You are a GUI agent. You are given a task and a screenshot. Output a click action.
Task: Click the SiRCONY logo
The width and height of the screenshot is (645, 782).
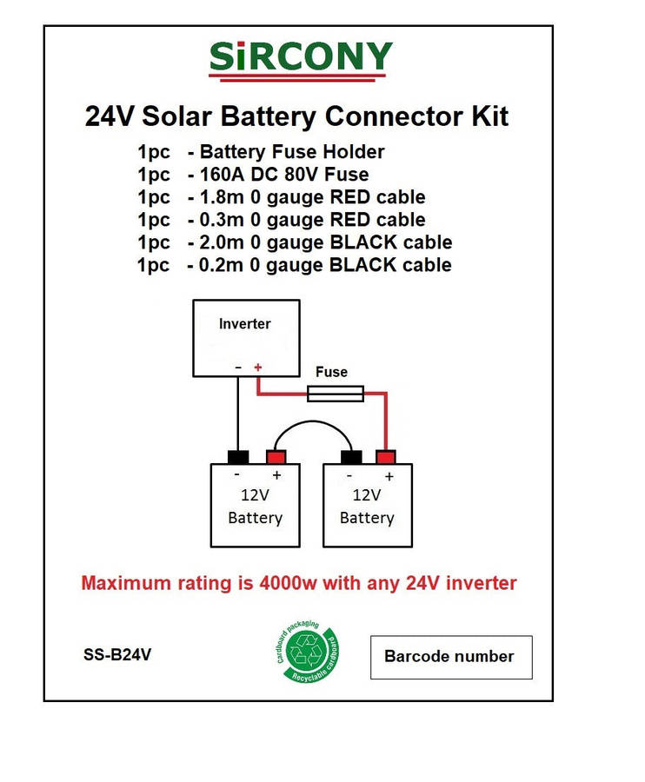point(301,59)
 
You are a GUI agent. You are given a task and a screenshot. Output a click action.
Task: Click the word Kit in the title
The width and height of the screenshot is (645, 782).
point(487,116)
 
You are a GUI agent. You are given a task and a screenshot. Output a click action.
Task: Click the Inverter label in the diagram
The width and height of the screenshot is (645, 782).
point(244,324)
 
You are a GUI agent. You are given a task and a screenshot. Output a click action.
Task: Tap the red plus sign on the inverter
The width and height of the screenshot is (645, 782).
point(257,368)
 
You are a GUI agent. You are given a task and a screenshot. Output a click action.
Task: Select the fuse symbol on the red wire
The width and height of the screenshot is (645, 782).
point(336,395)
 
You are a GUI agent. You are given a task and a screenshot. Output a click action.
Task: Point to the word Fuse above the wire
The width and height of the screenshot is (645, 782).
point(331,373)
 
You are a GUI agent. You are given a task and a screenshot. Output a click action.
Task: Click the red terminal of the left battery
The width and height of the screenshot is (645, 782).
point(276,457)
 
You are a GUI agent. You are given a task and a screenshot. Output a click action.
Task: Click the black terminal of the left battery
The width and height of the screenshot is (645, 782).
point(238,457)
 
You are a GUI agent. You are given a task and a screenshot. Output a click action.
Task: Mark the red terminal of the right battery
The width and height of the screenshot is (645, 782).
point(386,457)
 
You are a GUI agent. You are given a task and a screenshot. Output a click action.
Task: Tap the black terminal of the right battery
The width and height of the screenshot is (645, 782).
point(350,457)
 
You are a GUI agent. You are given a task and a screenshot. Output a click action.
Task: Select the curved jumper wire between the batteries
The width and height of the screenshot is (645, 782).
point(314,425)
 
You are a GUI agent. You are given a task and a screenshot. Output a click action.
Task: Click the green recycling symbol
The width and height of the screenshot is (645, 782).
point(306,652)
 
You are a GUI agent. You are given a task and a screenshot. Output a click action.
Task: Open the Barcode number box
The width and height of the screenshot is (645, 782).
point(451,657)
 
